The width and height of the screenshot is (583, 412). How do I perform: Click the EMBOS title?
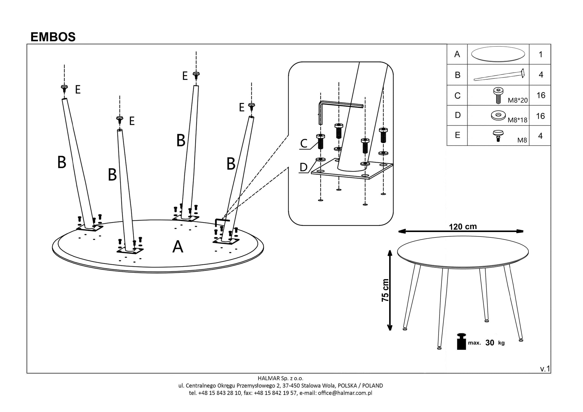(53, 37)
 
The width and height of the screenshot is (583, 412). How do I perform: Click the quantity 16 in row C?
(541, 95)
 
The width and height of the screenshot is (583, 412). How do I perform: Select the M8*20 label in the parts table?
(518, 101)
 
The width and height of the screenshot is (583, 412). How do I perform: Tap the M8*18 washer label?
(517, 120)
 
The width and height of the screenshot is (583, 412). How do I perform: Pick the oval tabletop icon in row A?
(498, 54)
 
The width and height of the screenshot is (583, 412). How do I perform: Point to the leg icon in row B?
(499, 75)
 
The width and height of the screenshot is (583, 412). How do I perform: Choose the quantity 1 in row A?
(540, 54)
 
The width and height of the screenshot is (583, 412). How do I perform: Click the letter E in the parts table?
(457, 135)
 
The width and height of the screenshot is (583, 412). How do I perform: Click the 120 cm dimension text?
(463, 227)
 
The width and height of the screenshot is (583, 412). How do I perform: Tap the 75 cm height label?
(385, 290)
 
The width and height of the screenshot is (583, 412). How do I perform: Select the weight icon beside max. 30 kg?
(461, 342)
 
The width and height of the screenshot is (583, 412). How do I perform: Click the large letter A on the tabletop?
(178, 247)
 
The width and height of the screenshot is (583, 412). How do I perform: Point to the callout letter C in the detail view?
(304, 144)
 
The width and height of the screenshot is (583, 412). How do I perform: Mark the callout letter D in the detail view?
(303, 167)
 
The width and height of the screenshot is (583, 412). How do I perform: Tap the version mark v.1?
(545, 369)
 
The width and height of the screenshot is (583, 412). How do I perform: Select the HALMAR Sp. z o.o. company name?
(280, 378)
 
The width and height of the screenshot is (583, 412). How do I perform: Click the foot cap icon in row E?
(498, 135)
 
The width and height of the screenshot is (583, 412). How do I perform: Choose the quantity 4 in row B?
(541, 75)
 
